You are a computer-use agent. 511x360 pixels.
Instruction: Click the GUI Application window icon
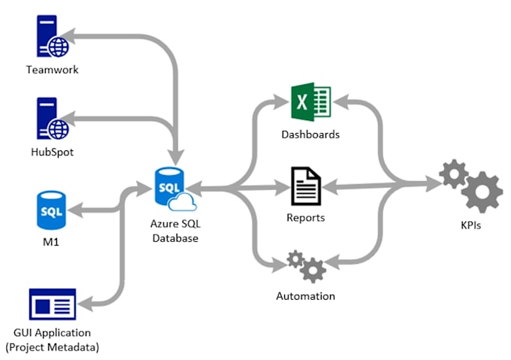52,304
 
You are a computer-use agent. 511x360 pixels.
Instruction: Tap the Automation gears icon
306,265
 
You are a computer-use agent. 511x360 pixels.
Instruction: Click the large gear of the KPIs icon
482,192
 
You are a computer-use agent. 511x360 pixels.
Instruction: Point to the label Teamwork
52,70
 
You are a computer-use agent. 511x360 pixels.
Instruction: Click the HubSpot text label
52,152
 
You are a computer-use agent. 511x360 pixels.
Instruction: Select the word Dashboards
310,135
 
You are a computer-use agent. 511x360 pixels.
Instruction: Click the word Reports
306,218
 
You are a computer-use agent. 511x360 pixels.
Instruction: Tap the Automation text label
306,296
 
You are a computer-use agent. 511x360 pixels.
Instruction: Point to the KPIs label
471,225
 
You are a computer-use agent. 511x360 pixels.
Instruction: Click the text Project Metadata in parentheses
52,346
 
